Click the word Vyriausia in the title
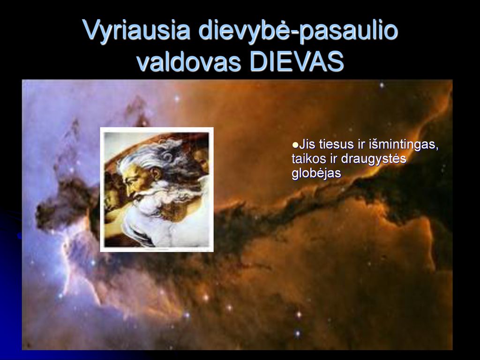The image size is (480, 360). [x=136, y=30]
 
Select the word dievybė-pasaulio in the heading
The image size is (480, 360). [x=298, y=30]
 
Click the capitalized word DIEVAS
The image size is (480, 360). [x=297, y=61]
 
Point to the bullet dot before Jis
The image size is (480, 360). [x=295, y=144]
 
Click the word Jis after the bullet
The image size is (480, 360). [x=307, y=144]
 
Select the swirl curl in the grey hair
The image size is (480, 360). [x=168, y=157]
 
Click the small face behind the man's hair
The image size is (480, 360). [x=201, y=160]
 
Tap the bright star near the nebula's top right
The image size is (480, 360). [x=382, y=85]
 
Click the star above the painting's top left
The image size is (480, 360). [x=177, y=98]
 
